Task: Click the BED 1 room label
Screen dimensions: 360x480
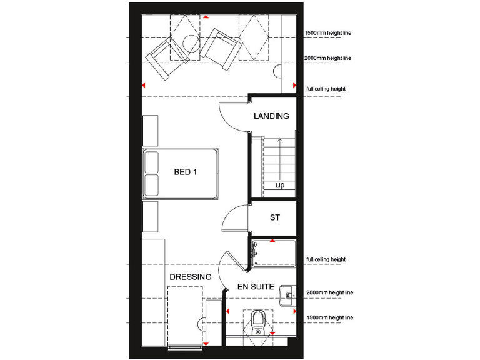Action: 186,172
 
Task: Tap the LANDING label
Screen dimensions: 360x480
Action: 271,116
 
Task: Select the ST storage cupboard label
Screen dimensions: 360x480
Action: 274,217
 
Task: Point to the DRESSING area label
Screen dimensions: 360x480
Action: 190,276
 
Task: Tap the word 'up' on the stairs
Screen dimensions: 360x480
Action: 279,186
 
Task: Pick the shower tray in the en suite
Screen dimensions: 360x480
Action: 274,253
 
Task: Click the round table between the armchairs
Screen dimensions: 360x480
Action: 191,43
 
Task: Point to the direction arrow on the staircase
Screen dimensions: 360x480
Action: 279,159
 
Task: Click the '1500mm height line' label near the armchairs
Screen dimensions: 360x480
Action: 328,33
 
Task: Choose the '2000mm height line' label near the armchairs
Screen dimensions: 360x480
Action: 328,58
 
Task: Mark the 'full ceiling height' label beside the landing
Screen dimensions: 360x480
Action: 326,89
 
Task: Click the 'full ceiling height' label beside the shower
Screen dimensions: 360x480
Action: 326,260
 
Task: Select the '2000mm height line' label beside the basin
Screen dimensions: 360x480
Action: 330,292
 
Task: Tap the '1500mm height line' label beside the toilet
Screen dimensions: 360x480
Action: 330,318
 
